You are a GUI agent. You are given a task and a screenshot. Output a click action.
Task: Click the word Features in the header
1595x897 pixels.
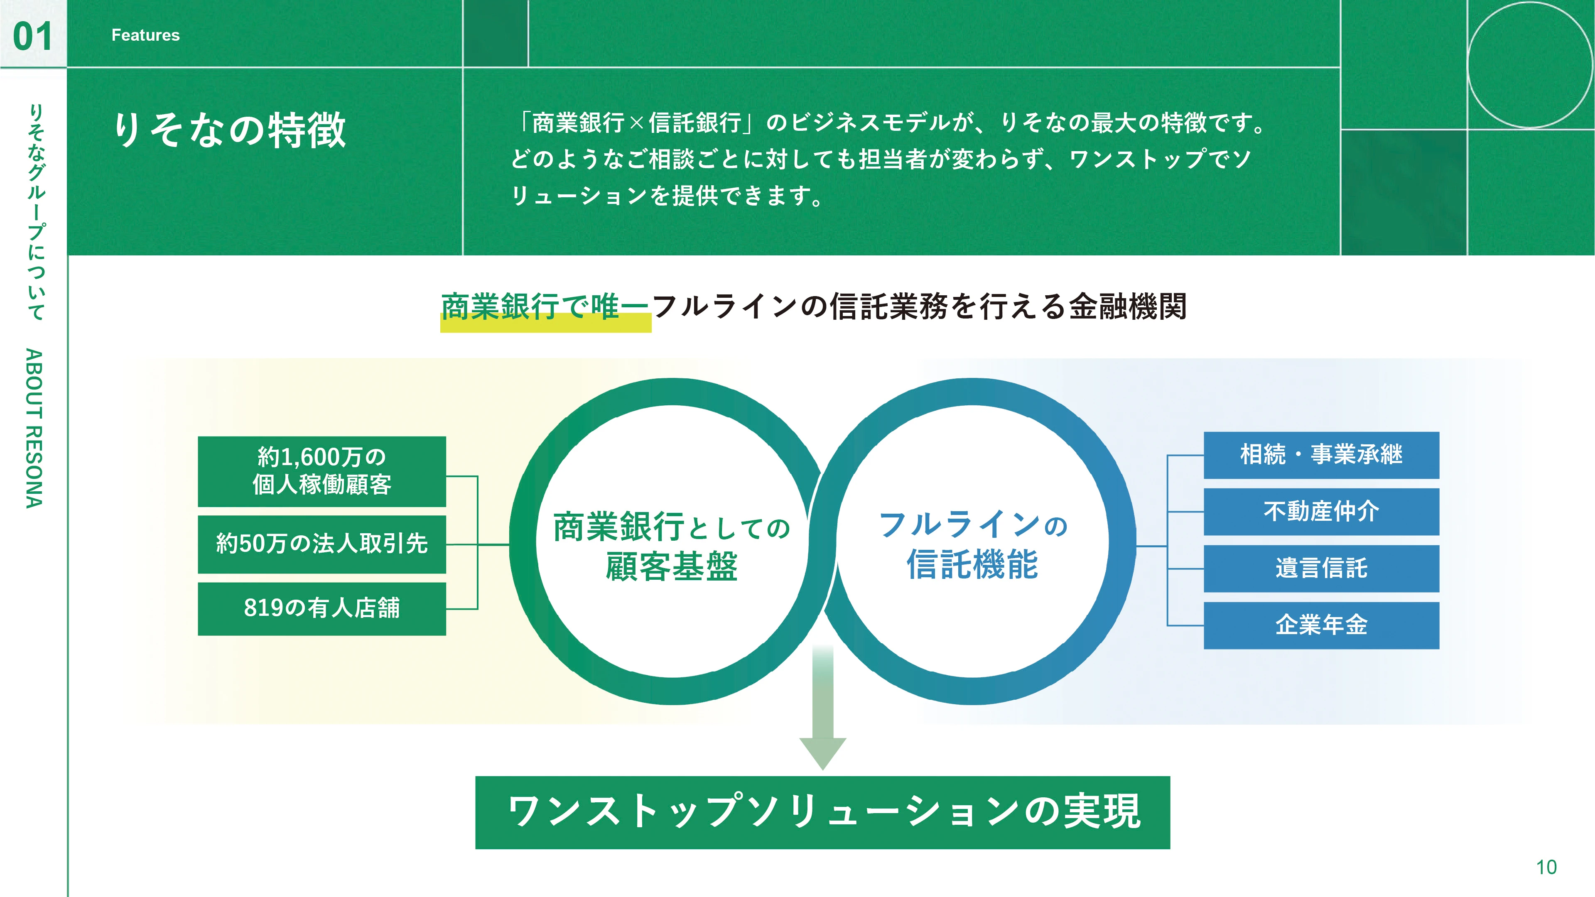pos(145,35)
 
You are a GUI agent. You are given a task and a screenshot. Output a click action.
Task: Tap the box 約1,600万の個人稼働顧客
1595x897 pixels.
pos(322,471)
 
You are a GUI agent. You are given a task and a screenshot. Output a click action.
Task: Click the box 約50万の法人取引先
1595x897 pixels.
pos(322,544)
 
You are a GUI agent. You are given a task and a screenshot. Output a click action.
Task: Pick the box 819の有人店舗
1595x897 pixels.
pos(322,608)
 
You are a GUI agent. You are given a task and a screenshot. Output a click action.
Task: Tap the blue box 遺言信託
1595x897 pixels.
pos(1321,568)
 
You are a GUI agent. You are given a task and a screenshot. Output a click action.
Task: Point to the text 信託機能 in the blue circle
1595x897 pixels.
pos(972,565)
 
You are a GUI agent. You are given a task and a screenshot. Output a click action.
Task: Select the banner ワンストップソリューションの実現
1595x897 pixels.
pos(822,812)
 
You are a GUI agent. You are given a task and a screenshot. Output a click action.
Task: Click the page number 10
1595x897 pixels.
pos(1546,867)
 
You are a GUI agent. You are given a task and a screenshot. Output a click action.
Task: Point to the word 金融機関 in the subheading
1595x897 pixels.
pos(1128,307)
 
